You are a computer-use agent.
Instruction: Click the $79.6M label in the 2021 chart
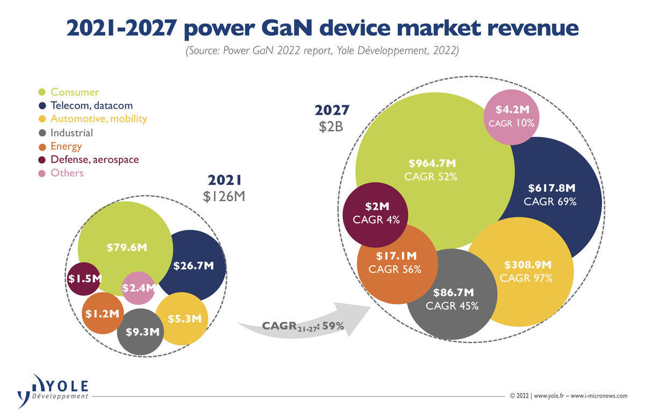[x=127, y=247]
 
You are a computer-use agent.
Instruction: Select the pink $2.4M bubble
[x=139, y=288]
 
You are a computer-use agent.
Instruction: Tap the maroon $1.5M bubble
[x=85, y=279]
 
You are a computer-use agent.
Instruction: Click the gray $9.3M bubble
[x=142, y=332]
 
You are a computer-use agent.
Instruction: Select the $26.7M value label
[x=193, y=265]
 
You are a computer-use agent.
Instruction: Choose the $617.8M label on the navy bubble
[x=551, y=188]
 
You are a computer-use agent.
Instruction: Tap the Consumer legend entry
[x=74, y=92]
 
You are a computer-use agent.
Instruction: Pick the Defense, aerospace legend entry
[x=94, y=159]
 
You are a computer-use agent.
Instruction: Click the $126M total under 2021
[x=224, y=197]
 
